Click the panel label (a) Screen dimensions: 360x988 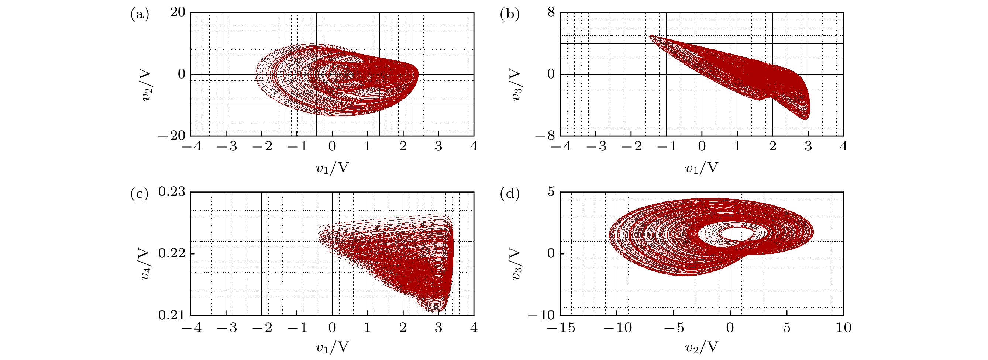pos(140,15)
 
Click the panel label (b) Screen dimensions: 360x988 pos(510,15)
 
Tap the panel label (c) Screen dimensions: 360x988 pos(140,194)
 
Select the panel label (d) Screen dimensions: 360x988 pos(510,194)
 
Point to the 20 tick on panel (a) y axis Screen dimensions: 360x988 pos(178,12)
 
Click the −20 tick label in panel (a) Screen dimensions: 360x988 pos(172,136)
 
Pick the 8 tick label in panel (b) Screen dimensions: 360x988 pos(551,12)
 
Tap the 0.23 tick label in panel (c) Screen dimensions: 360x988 pos(172,191)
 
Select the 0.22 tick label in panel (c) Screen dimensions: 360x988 pos(172,253)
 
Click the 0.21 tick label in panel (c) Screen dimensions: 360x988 pos(172,315)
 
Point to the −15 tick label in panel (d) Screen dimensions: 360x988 pos(560,328)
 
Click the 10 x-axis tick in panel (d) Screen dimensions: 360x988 pos(843,328)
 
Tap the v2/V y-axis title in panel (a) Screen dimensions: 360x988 pos(146,85)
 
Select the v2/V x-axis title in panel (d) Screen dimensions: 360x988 pos(702,347)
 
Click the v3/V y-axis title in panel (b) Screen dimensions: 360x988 pos(516,85)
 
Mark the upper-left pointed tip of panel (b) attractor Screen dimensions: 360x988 pos(650,36)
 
